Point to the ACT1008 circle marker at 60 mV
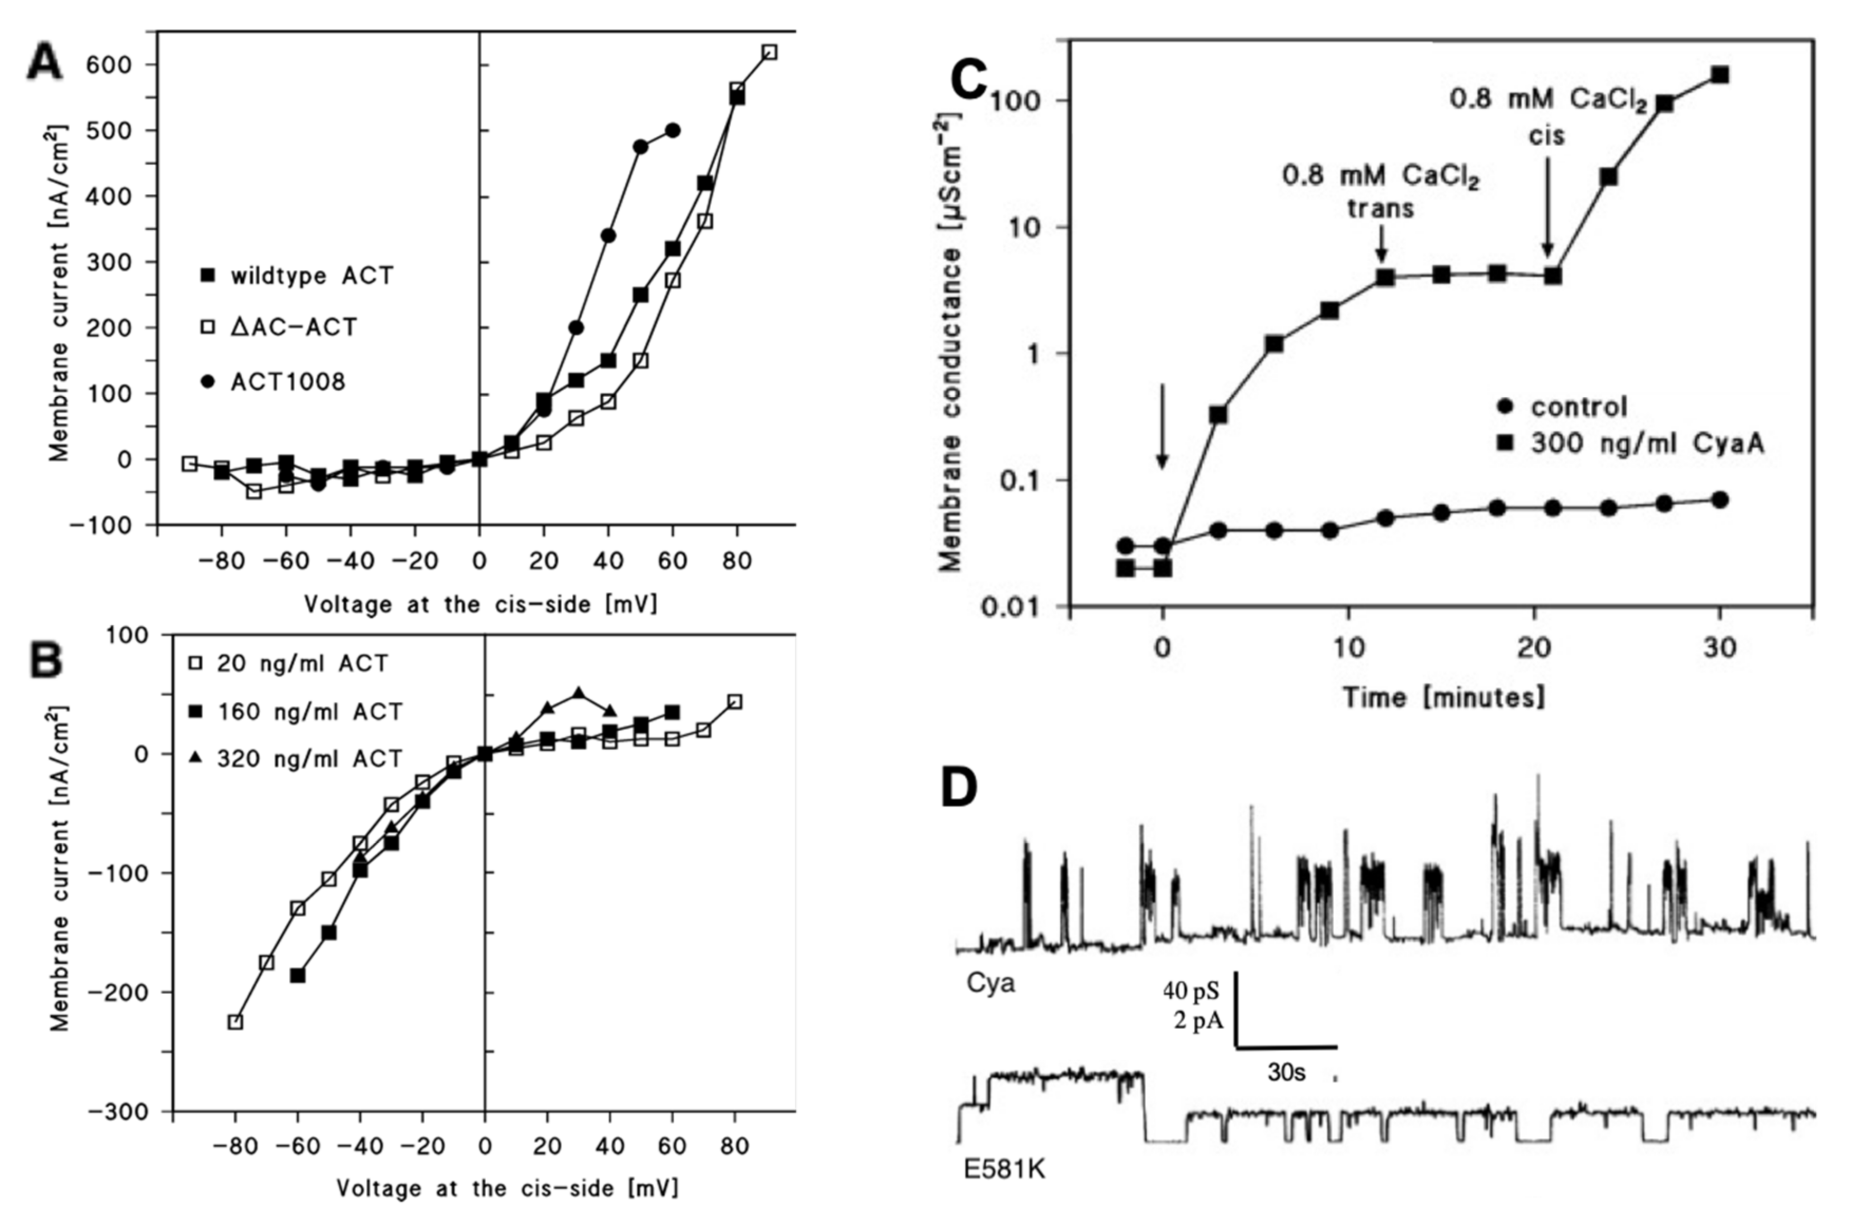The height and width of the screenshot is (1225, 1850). (x=673, y=130)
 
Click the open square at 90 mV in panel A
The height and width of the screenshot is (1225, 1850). (x=770, y=52)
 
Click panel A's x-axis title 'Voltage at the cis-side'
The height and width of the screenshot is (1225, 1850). (x=480, y=604)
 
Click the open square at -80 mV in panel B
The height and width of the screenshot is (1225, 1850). (x=235, y=1022)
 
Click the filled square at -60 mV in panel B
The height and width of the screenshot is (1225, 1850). (x=298, y=976)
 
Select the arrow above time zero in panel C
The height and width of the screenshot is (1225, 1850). (x=1163, y=426)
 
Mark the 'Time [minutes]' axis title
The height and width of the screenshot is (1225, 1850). (x=1444, y=697)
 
